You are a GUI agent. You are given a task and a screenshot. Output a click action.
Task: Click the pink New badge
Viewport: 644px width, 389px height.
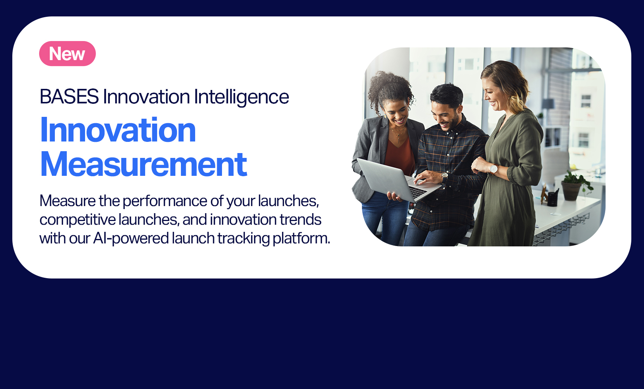[68, 54]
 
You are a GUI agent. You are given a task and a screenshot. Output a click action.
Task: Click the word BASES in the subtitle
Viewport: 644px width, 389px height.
[69, 97]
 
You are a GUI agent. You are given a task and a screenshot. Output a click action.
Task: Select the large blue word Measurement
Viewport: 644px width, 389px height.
[144, 164]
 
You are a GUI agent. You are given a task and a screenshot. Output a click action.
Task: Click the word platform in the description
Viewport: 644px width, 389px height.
[301, 238]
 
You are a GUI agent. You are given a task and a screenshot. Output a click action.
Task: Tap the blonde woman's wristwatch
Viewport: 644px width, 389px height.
[493, 169]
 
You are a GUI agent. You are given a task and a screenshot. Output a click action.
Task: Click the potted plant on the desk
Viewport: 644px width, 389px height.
[575, 184]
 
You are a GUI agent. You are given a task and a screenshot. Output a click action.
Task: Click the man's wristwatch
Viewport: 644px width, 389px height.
[444, 177]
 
